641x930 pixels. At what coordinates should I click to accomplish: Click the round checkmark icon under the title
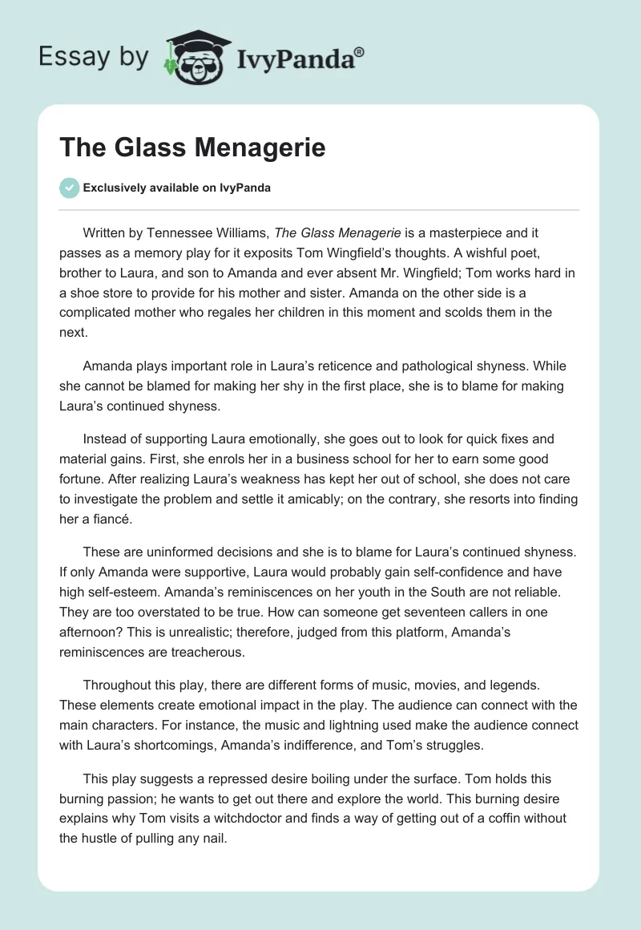pyautogui.click(x=69, y=188)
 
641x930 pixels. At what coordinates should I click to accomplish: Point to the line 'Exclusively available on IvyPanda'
pyautogui.click(x=176, y=188)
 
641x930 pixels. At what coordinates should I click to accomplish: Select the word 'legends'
pyautogui.click(x=526, y=685)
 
